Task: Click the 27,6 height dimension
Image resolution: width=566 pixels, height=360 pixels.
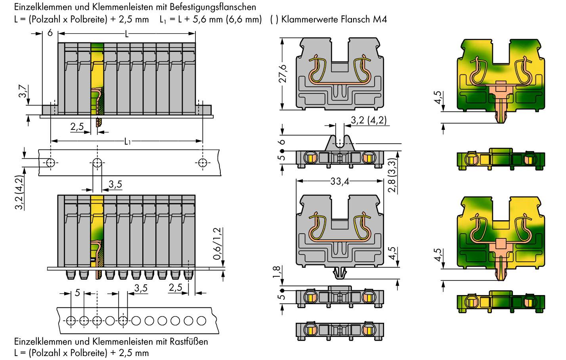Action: (x=283, y=74)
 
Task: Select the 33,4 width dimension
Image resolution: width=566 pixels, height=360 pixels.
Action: (x=340, y=181)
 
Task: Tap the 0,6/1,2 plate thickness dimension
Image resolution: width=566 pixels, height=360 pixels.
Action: (x=217, y=244)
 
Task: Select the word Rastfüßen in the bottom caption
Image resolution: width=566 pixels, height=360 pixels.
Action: (x=189, y=341)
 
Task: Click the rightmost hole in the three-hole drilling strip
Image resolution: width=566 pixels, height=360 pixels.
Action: (x=203, y=163)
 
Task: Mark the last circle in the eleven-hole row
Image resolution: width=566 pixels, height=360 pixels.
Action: (x=201, y=320)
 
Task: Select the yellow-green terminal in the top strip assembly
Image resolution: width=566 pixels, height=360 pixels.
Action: (x=97, y=79)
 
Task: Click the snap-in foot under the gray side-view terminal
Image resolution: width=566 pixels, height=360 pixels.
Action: (x=340, y=272)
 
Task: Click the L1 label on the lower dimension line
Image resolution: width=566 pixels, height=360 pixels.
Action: (x=127, y=141)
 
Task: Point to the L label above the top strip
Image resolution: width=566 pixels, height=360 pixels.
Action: (x=127, y=34)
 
